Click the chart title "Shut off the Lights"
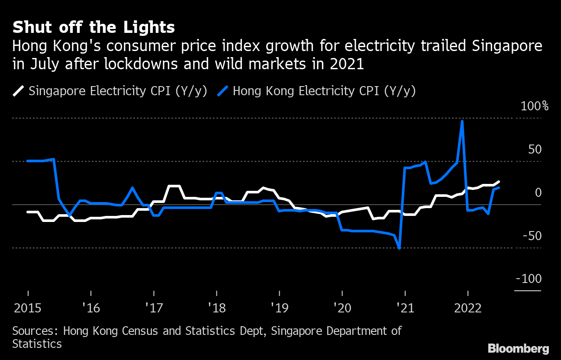click(x=93, y=28)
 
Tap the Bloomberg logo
click(x=518, y=348)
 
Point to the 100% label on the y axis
click(x=534, y=106)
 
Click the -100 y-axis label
click(x=529, y=279)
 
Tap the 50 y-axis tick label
click(x=535, y=149)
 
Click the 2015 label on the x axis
click(x=28, y=308)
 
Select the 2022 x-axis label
click(x=467, y=308)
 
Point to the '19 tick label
click(x=279, y=308)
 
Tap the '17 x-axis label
click(x=153, y=308)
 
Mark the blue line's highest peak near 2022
click(x=462, y=121)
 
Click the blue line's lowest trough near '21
click(x=399, y=248)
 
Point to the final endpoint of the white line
click(x=499, y=182)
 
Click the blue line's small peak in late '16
click(x=132, y=188)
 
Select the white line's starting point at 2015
click(x=28, y=212)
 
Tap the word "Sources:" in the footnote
click(x=35, y=331)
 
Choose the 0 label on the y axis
click(x=538, y=193)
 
